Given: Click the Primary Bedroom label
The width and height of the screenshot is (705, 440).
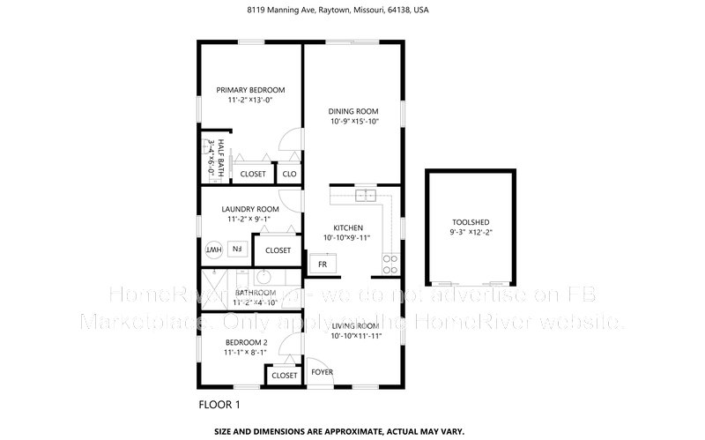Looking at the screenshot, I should click(251, 90).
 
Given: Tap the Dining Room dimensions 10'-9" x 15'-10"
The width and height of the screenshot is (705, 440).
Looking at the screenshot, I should click(353, 122).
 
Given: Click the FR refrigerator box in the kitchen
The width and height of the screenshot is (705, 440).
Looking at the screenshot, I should click(323, 264).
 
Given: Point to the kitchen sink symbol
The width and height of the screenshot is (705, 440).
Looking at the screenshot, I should click(365, 195).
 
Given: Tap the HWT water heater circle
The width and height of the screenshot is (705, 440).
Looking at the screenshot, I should click(212, 250).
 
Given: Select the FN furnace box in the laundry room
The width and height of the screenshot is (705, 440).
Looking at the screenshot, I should click(236, 250).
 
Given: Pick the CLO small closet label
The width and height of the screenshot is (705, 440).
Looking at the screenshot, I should click(289, 174).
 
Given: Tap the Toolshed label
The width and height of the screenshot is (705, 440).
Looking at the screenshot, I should click(471, 223).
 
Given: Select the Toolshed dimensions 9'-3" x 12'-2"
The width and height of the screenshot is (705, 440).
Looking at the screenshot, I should click(471, 234).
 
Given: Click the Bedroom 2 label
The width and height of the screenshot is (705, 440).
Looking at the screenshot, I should click(245, 342).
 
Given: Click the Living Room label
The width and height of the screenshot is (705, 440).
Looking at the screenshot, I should click(354, 326).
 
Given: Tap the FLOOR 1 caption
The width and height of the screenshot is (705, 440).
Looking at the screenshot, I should click(219, 405).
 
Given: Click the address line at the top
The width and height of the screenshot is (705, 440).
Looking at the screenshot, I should click(352, 10).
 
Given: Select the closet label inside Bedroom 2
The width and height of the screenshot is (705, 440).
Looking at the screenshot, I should click(284, 375).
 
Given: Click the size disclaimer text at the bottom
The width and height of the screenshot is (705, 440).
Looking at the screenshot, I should click(352, 432).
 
